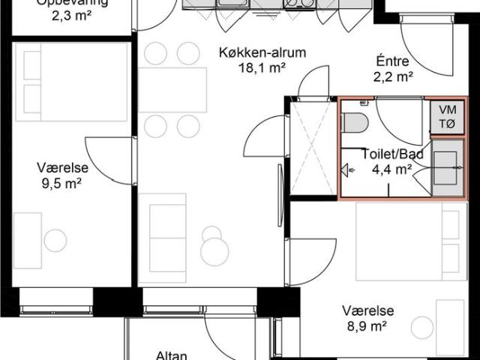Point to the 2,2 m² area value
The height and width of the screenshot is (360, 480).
tap(394, 76)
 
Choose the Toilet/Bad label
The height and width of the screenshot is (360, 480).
tap(393, 154)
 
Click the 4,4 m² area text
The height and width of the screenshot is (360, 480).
tap(391, 169)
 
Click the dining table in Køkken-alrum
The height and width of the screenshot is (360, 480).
tap(172, 90)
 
